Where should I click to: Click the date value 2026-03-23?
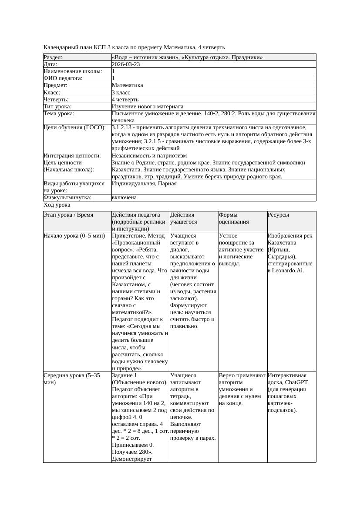point(126,64)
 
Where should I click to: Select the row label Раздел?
point(53,57)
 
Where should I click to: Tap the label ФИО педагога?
point(63,78)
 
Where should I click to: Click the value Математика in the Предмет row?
point(128,85)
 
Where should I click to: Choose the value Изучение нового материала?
point(148,107)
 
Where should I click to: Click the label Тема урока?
point(59,114)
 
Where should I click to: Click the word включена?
point(124,198)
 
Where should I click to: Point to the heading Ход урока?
point(57,205)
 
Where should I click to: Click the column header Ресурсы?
point(279,215)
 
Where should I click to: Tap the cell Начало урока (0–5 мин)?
point(74,236)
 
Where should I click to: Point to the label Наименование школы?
point(73,71)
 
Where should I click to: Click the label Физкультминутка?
point(67,198)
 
